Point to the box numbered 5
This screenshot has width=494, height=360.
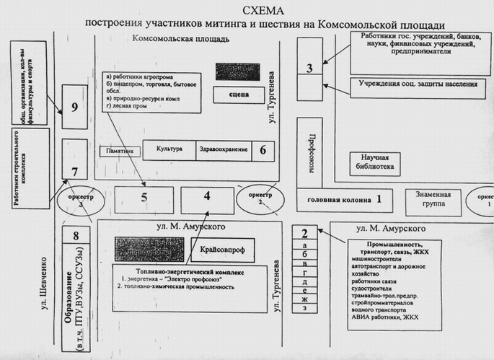click(x=144, y=196)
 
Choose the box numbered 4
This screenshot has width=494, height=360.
click(x=207, y=196)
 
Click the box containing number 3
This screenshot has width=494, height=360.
click(x=309, y=69)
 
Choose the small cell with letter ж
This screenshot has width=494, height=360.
click(x=306, y=299)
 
